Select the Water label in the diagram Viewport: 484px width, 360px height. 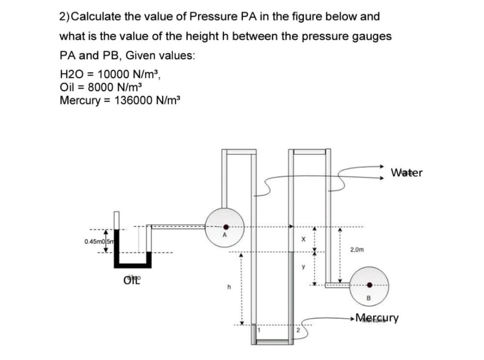coord(406,173)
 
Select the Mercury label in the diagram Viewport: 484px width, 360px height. coord(376,319)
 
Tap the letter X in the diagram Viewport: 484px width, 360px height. coord(303,240)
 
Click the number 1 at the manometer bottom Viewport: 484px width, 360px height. coord(259,330)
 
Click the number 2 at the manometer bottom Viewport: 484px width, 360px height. coord(297,331)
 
